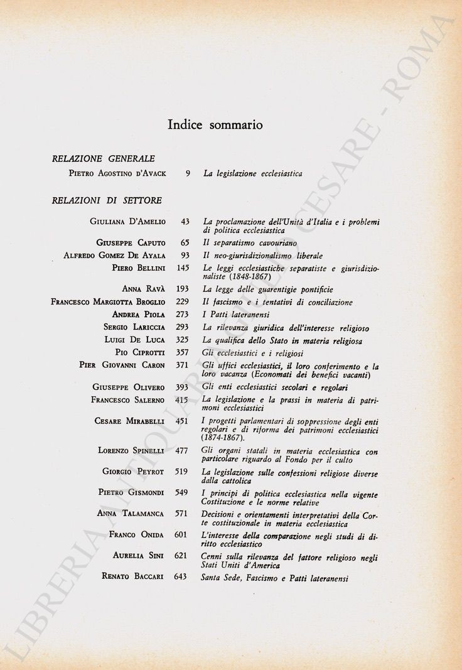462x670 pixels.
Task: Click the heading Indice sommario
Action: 215,124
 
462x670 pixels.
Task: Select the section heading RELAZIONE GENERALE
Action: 104,159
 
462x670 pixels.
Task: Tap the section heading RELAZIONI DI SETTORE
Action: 107,200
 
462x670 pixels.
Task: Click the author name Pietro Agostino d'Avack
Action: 117,173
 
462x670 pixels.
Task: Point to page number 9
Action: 188,173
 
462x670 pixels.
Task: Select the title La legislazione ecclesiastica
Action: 253,173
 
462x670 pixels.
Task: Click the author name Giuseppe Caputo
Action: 131,242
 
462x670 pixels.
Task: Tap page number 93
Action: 184,256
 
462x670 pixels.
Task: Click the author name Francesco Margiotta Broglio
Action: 108,302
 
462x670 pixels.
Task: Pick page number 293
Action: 182,327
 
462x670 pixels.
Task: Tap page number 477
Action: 181,450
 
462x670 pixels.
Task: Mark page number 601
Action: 181,534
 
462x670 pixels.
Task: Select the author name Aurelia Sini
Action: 139,556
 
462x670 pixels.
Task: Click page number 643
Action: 181,576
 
